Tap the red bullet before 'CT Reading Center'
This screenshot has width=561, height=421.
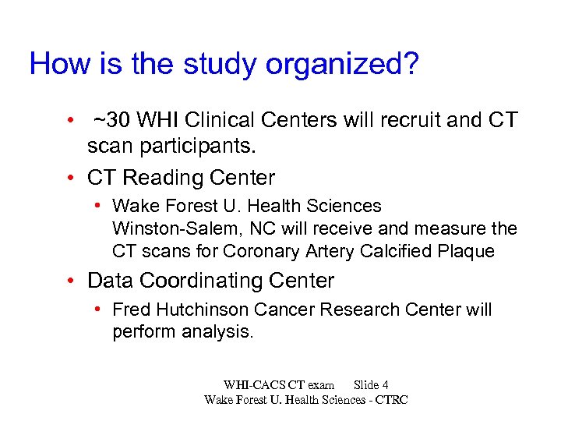[x=71, y=178]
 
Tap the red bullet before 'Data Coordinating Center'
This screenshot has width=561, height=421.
[x=71, y=281]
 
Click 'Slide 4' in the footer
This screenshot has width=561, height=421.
[x=371, y=384]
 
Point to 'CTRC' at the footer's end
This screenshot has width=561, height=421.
[x=392, y=399]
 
